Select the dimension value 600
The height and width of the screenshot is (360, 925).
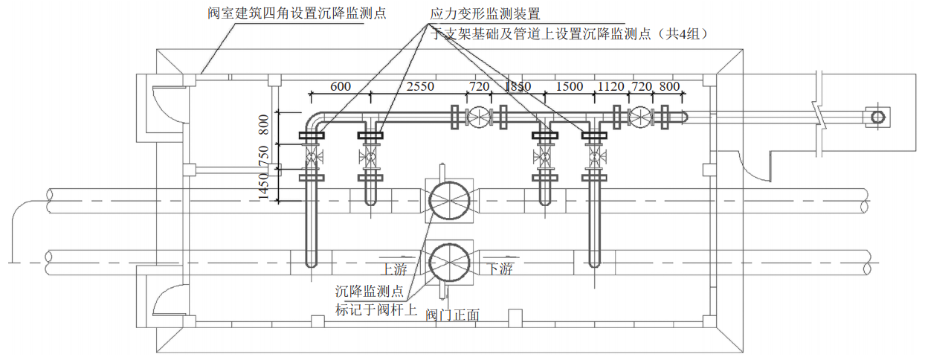tap(340, 86)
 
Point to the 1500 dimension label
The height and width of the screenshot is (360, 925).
tap(570, 86)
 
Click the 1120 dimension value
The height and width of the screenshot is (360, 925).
tap(611, 86)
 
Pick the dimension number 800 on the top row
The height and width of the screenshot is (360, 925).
tap(669, 86)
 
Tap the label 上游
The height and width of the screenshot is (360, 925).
tap(395, 268)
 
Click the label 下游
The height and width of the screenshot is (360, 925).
tap(500, 268)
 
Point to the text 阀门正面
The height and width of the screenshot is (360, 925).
tap(452, 315)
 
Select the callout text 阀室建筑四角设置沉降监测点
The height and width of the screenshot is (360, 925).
tap(297, 13)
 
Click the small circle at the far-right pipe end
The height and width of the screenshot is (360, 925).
tap(877, 118)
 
